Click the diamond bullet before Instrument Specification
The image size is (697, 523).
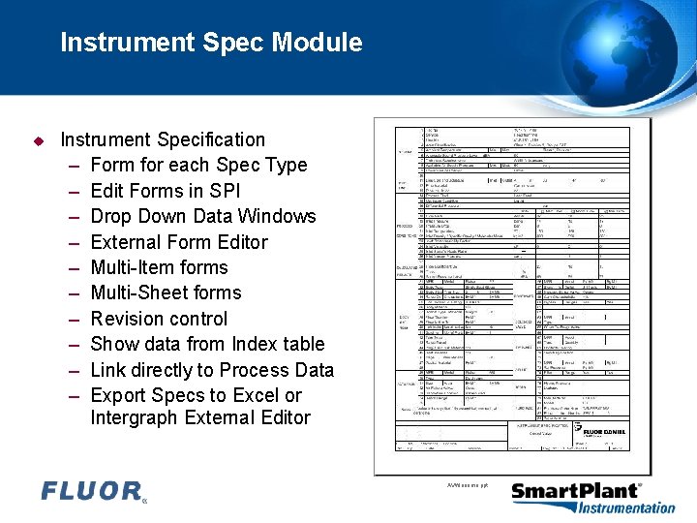point(39,140)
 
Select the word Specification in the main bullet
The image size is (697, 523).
point(210,140)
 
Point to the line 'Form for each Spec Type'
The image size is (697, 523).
point(198,166)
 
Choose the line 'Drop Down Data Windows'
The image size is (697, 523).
point(203,216)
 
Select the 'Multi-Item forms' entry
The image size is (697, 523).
point(159,267)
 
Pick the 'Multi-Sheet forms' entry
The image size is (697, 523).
point(166,292)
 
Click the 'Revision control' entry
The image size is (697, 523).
point(159,319)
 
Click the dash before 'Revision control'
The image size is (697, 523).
point(74,319)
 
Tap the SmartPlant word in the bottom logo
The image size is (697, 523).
point(575,491)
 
